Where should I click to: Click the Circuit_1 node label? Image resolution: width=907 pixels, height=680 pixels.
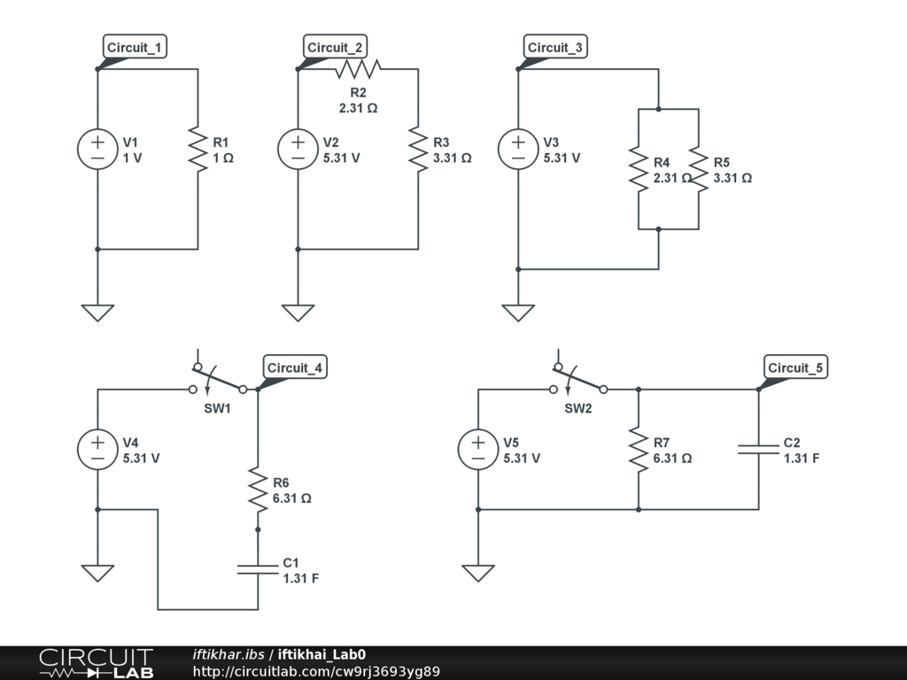(135, 48)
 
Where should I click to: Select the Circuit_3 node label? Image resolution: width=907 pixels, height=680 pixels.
(555, 48)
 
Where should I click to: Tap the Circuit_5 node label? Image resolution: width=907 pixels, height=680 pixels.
(795, 368)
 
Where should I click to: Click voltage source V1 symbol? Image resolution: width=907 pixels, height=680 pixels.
(97, 150)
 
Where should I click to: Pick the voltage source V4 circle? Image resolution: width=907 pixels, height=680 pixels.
(97, 450)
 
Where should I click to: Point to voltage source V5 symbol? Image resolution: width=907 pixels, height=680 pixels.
(478, 450)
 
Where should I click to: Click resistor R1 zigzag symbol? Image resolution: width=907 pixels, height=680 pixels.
(198, 150)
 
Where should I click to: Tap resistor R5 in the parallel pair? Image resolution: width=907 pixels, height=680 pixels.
(699, 169)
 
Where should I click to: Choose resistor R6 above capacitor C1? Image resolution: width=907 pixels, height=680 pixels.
(258, 490)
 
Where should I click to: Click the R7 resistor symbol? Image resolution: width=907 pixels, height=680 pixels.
(639, 450)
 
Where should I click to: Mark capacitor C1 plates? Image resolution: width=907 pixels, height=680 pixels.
(258, 568)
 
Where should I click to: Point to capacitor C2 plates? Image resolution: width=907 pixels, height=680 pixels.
(759, 450)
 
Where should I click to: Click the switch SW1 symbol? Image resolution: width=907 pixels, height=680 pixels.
(218, 381)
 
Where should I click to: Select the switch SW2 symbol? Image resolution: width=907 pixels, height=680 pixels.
(579, 381)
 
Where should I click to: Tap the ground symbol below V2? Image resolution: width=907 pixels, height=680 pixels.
(298, 312)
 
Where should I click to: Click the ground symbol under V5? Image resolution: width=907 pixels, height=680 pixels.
(478, 573)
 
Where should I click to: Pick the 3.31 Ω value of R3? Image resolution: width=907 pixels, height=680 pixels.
(452, 158)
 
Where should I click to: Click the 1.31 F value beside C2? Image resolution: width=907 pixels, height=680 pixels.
(801, 459)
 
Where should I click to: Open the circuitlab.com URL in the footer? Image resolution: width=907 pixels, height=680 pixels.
(316, 671)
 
